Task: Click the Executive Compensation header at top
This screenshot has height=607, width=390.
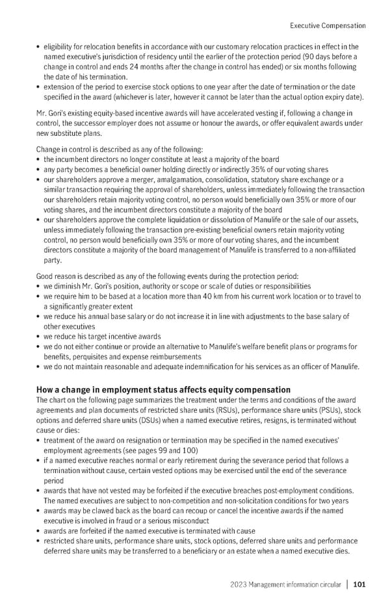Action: tap(327, 26)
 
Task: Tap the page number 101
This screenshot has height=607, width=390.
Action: tap(359, 585)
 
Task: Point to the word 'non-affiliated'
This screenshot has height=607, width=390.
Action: tap(333, 250)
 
